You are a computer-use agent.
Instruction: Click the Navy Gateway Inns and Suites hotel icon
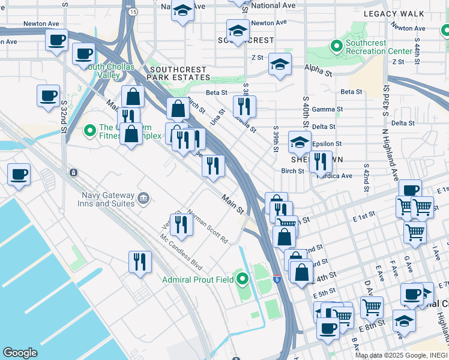pyautogui.click(x=143, y=197)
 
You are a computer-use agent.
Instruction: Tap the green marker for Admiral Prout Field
pyautogui.click(x=243, y=279)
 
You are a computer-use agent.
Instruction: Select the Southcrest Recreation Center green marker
pyautogui.click(x=336, y=46)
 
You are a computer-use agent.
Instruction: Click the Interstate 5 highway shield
pyautogui.click(x=276, y=279)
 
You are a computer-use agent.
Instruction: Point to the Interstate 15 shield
pyautogui.click(x=132, y=11)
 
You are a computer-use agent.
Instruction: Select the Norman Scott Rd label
pyautogui.click(x=208, y=226)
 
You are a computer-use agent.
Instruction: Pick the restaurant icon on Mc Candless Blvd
pyautogui.click(x=140, y=262)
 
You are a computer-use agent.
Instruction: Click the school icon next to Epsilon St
pyautogui.click(x=300, y=142)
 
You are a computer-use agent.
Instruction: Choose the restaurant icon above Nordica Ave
pyautogui.click(x=321, y=161)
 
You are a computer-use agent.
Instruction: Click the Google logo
pyautogui.click(x=20, y=352)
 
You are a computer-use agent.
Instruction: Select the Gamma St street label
pyautogui.click(x=327, y=110)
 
